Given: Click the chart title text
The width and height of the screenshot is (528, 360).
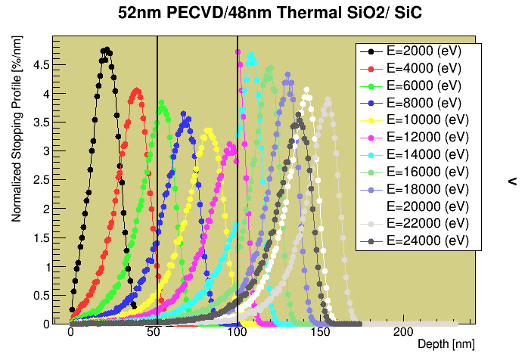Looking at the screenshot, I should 263,13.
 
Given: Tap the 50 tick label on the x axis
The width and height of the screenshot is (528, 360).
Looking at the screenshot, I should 154,333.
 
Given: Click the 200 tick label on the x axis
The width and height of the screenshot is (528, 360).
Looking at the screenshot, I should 403,333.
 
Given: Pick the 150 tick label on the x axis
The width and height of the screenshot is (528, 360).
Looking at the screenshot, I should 320,333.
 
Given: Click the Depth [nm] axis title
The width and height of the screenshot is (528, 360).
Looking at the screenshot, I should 452,344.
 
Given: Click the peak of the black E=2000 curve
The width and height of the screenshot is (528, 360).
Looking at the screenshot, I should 107,51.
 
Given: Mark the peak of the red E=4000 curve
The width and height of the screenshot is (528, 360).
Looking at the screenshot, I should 136,90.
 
